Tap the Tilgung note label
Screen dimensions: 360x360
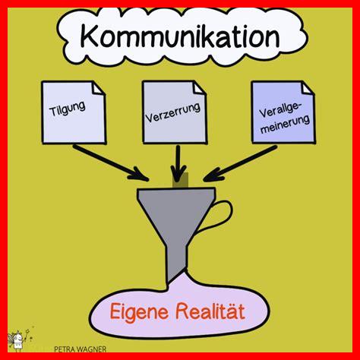pos(68,109)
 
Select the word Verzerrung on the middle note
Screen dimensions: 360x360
pos(173,113)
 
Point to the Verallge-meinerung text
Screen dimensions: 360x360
pos(284,118)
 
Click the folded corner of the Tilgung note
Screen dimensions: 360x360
pos(99,88)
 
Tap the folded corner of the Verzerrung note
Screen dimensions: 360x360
pos(200,88)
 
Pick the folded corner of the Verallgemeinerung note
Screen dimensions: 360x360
pos(308,88)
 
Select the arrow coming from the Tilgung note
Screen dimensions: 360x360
pos(111,163)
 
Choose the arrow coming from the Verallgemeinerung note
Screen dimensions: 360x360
pos(240,163)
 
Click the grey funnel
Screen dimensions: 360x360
pos(177,218)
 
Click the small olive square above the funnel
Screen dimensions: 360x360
pos(181,180)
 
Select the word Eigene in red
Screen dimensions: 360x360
pos(139,311)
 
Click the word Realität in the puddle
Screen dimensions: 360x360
pos(210,311)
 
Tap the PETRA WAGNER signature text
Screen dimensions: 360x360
pos(81,349)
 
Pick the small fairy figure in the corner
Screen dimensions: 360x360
pos(19,339)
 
